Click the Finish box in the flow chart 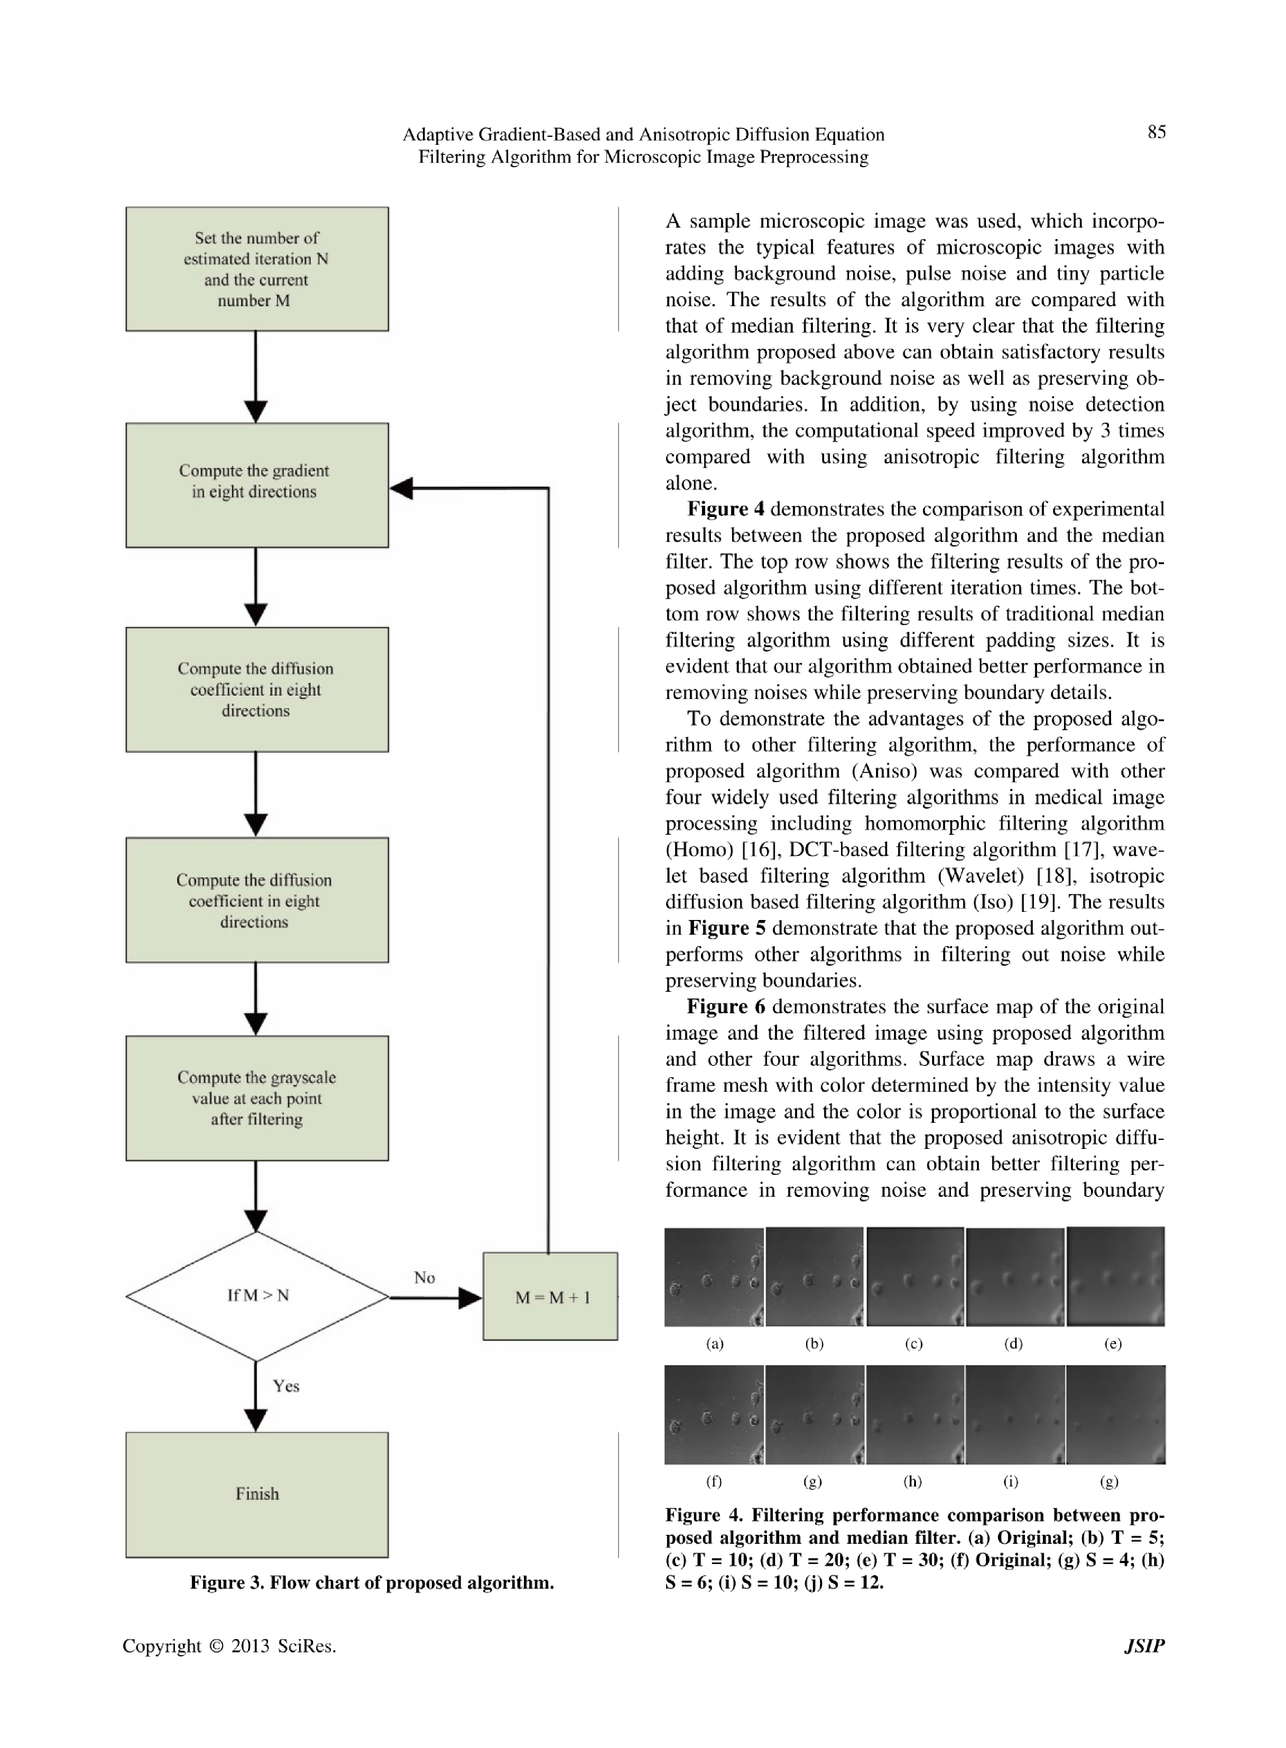pos(257,1494)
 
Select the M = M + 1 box pos(550,1297)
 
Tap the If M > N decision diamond pos(257,1295)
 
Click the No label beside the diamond pos(424,1277)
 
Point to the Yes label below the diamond pos(286,1385)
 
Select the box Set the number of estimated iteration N pos(257,269)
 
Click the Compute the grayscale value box pos(257,1098)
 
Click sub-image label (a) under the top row pos(715,1343)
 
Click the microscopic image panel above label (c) pos(915,1277)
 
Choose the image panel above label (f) pos(714,1415)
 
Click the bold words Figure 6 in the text pos(725,1007)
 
